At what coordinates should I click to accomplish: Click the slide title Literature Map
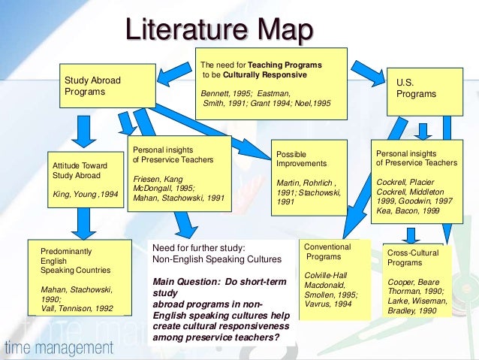218,31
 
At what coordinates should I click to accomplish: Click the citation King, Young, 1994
85,193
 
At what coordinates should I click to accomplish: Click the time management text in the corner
59,348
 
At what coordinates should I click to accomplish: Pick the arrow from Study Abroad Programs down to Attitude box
86,132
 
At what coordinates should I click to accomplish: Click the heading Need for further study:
198,247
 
